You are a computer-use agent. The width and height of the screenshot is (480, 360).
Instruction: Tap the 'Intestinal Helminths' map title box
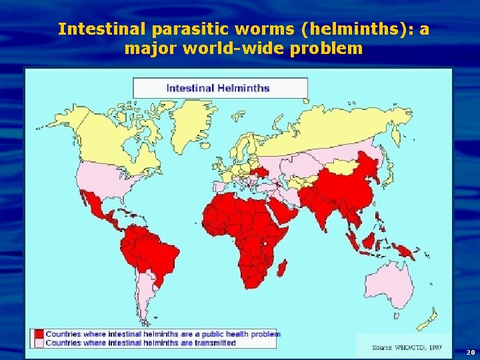pyautogui.click(x=220, y=88)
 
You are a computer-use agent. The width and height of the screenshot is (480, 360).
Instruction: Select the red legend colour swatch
pyautogui.click(x=39, y=334)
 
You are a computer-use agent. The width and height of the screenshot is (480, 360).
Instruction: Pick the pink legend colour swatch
pyautogui.click(x=39, y=343)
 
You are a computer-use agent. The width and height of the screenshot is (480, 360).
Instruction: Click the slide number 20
pyautogui.click(x=470, y=351)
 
